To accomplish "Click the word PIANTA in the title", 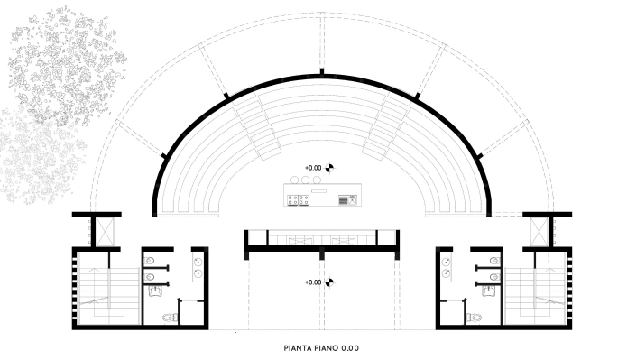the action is [x=298, y=348].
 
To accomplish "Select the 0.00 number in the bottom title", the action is [x=350, y=348].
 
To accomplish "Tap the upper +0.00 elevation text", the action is [x=313, y=168].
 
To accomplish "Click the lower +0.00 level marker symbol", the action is [x=329, y=282].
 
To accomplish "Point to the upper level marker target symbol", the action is [x=329, y=168].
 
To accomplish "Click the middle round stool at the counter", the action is [x=306, y=180].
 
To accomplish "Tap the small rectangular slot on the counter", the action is [x=318, y=191].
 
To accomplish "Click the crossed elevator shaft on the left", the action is [x=106, y=232].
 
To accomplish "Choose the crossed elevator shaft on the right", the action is [x=539, y=232].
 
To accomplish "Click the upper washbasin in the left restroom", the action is [x=198, y=262].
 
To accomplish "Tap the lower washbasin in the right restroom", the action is [x=447, y=273].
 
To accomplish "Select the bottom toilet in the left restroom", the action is [x=170, y=318].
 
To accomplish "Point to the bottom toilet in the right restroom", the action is [x=474, y=318].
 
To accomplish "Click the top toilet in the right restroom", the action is [x=495, y=261].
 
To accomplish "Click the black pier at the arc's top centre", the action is [x=321, y=72].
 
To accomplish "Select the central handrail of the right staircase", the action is [x=535, y=289].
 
